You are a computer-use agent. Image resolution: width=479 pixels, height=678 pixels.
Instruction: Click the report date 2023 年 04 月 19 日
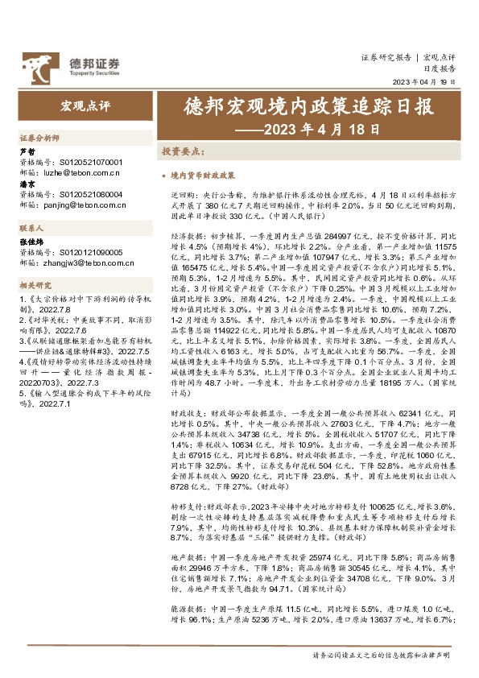tap(423, 82)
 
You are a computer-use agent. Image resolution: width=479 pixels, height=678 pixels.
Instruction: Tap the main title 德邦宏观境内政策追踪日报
tap(309, 107)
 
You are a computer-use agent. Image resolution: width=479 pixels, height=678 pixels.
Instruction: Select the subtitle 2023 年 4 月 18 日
tap(309, 129)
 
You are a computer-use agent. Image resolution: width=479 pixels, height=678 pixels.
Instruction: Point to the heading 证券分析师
tap(38, 138)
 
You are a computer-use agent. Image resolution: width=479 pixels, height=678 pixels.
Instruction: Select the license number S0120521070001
tap(88, 162)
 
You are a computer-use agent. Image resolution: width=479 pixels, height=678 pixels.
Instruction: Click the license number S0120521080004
tap(88, 195)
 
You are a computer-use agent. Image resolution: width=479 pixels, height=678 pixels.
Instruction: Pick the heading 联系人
tap(32, 229)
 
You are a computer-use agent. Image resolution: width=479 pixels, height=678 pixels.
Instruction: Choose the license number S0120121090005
tap(88, 251)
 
